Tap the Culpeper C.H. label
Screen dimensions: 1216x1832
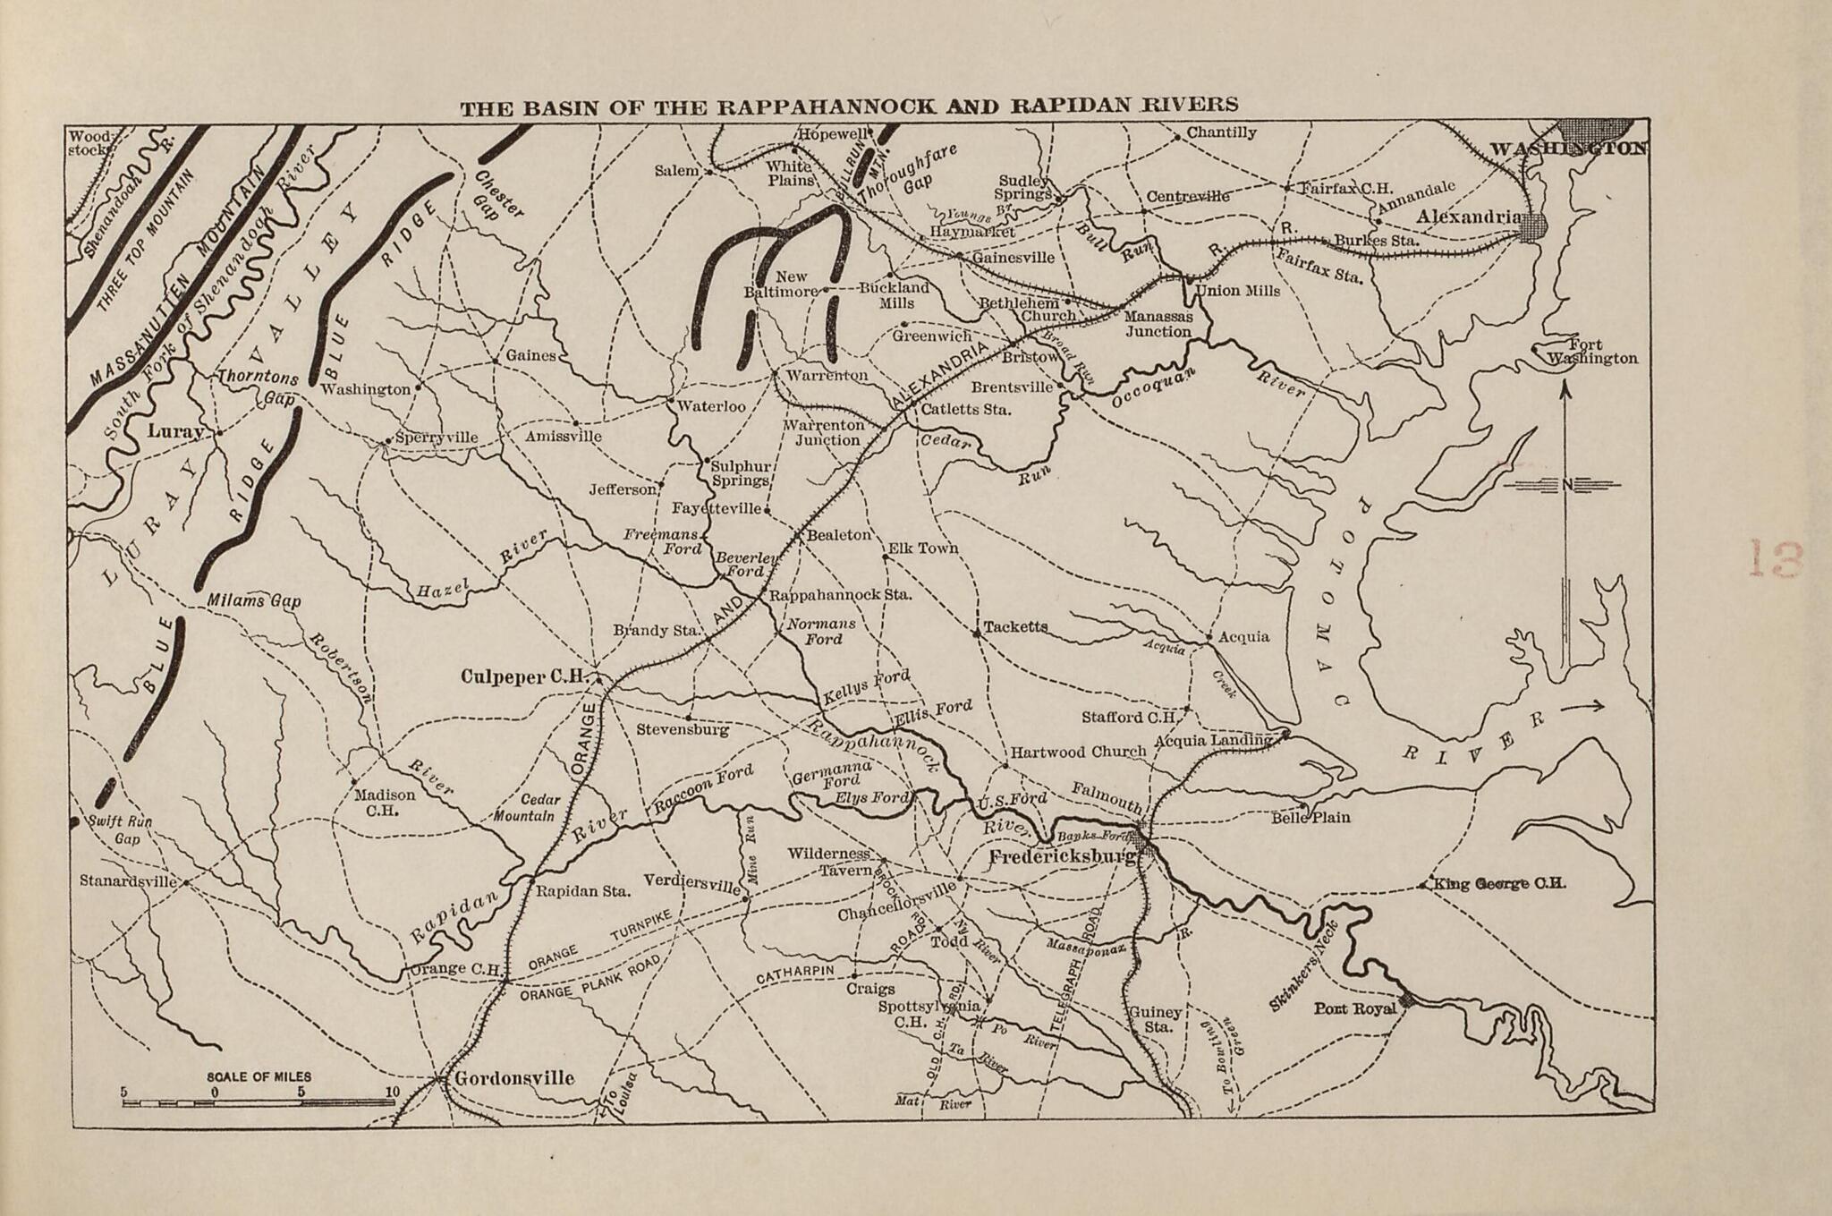(522, 676)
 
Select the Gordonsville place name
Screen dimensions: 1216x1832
(514, 1078)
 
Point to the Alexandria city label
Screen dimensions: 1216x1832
(1468, 217)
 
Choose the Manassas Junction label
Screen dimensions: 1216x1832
(1158, 324)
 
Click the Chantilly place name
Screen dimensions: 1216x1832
(1221, 132)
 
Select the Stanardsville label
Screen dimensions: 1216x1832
(128, 880)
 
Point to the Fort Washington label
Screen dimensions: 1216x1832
(1592, 352)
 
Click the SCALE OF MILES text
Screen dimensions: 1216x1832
(259, 1077)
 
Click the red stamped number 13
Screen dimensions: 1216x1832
(1776, 559)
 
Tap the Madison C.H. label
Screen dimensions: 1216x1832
(385, 803)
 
